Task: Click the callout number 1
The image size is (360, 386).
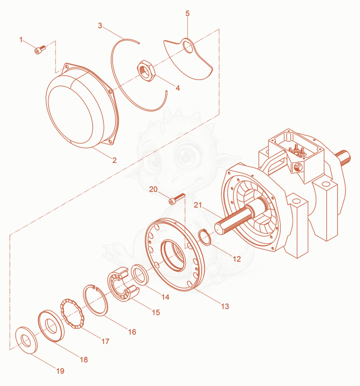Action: click(21, 40)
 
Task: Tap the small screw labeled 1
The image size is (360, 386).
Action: click(40, 49)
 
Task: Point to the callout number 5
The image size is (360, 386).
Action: click(187, 13)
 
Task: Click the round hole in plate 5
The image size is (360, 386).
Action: click(189, 47)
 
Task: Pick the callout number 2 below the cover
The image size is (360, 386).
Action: click(114, 160)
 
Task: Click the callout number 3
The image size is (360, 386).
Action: click(100, 26)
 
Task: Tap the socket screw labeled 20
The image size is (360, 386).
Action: click(176, 199)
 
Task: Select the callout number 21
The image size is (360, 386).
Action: click(198, 205)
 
